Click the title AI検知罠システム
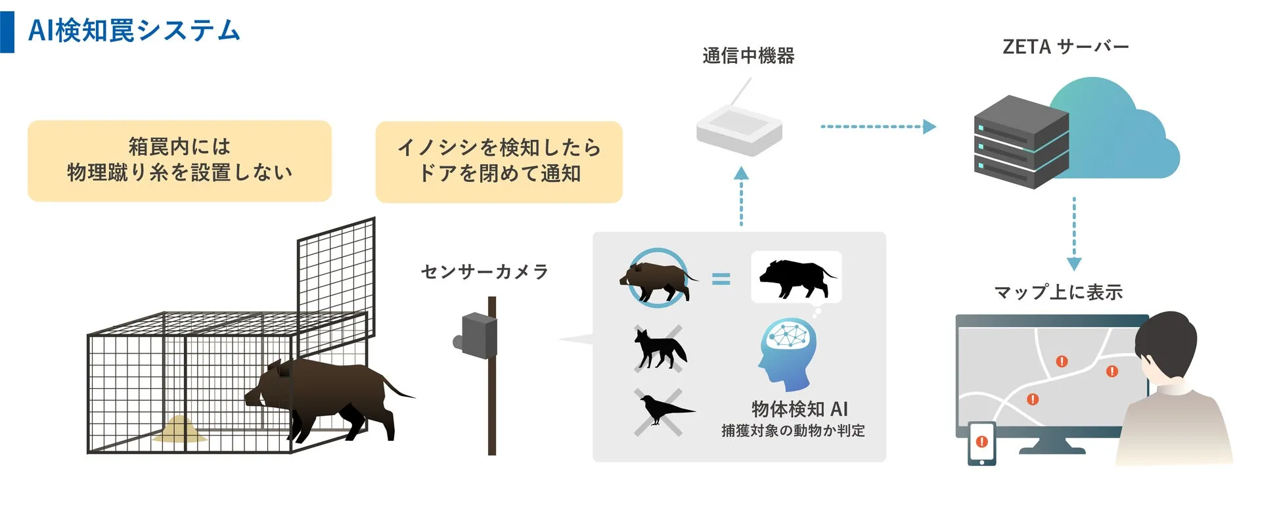tap(134, 31)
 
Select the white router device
tap(739, 131)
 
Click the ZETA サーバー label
tap(1065, 47)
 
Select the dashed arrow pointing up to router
tap(741, 196)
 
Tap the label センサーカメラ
tap(484, 272)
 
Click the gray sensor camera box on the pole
tap(478, 336)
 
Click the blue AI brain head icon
tap(788, 352)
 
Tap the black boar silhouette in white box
tap(796, 277)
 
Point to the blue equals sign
tap(721, 279)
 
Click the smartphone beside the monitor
tap(981, 443)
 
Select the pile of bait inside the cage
tap(179, 430)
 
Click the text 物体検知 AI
tap(799, 409)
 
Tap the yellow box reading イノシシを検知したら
tap(499, 162)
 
